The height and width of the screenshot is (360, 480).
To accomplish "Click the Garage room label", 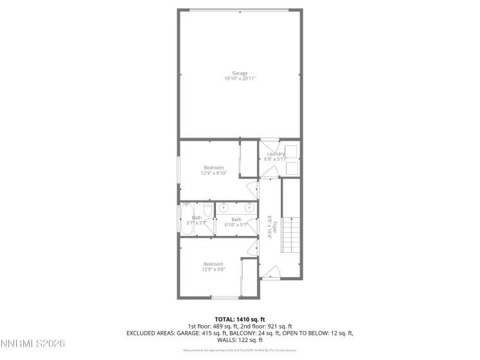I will click(x=240, y=73).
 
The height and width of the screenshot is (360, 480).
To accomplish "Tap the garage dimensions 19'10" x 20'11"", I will click(x=240, y=79).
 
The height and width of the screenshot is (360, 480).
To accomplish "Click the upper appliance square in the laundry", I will click(x=290, y=152).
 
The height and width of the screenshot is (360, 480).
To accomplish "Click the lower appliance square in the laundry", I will click(x=290, y=168).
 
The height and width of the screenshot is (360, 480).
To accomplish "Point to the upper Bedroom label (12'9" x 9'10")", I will click(x=213, y=168).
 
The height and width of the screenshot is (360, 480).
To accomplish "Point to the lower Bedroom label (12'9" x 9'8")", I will click(x=213, y=264).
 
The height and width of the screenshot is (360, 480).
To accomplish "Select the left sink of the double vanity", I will click(x=224, y=208).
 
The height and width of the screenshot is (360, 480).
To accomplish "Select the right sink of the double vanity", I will click(x=249, y=208).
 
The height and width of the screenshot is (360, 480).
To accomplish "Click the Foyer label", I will click(x=274, y=226).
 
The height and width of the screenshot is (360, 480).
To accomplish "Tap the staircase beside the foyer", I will click(x=292, y=228).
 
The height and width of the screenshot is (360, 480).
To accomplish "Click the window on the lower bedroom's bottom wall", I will click(x=225, y=298).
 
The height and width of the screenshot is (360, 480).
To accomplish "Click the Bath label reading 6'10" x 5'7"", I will click(x=236, y=222).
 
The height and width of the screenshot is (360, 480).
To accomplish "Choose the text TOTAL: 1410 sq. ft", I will click(x=240, y=319).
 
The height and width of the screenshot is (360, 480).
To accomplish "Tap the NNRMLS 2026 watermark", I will click(x=33, y=345).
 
